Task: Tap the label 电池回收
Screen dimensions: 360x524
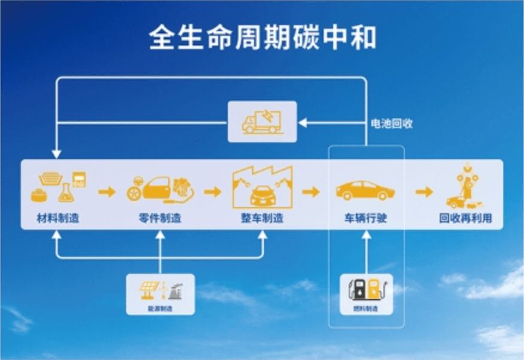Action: point(392,124)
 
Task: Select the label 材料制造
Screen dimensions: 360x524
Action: point(57,218)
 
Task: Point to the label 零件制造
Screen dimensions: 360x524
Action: point(159,218)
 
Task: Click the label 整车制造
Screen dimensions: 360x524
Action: point(262,218)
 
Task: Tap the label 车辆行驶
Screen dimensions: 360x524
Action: point(365,218)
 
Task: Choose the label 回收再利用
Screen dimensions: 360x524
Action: point(465,218)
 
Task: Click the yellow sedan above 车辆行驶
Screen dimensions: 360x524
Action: point(365,191)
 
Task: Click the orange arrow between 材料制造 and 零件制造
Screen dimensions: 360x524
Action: point(107,192)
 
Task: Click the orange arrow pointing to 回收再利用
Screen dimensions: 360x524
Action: point(424,192)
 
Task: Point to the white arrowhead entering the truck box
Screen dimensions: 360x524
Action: point(303,123)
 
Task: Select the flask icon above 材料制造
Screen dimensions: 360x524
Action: point(65,192)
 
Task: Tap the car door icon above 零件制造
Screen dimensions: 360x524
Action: point(159,188)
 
